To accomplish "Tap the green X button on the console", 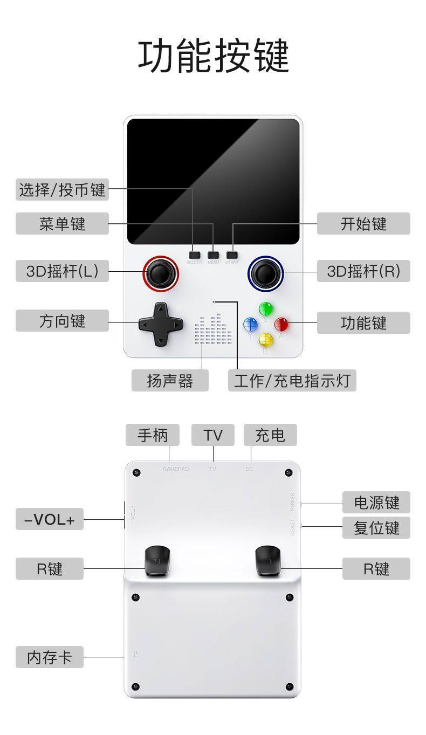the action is click(x=265, y=309).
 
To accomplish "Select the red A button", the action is click(x=281, y=325).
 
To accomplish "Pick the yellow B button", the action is click(x=266, y=340).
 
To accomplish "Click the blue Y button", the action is click(x=250, y=325).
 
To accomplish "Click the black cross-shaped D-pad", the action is click(x=160, y=324).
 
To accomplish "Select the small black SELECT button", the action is click(x=194, y=255).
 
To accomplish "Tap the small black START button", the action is click(x=232, y=255).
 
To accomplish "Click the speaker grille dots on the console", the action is click(x=215, y=330).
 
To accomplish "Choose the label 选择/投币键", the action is click(x=62, y=190).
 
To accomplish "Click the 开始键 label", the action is click(x=363, y=223).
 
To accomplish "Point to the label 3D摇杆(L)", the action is click(x=62, y=271).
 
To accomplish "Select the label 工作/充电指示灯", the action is click(x=292, y=380).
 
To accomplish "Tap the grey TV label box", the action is click(x=212, y=435).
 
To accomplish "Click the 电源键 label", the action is click(x=376, y=502).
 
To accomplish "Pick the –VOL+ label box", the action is click(x=50, y=519).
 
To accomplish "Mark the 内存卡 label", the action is click(x=50, y=657).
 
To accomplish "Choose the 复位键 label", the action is click(x=376, y=527).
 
